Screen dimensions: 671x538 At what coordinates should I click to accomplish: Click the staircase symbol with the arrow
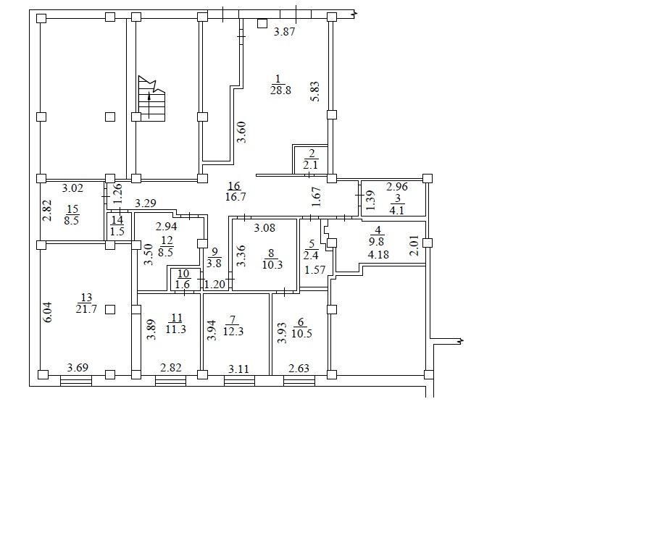151,99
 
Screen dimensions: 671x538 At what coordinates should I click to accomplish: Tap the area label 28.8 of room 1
280,91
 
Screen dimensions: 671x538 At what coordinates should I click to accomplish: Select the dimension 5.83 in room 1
315,91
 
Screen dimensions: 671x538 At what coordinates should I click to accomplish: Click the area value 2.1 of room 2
311,164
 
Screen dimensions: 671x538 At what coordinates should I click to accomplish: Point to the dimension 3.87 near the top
284,31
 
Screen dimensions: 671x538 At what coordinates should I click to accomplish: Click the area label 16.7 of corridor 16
236,197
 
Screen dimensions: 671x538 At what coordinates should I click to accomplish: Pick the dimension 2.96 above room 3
397,187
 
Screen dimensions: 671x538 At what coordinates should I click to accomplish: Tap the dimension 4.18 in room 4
378,254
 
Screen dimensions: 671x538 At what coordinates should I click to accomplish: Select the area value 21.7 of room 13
86,308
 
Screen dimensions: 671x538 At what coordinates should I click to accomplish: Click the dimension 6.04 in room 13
48,312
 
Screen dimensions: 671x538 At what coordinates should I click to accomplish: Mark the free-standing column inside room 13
110,309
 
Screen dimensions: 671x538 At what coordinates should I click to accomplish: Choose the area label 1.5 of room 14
117,232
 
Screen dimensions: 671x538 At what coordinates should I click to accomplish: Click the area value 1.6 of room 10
183,285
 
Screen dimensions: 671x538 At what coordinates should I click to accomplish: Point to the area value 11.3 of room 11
176,329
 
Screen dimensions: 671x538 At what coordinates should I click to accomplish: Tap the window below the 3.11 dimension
239,381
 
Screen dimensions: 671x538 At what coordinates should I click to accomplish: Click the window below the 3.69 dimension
76,381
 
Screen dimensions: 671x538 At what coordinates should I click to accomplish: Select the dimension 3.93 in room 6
282,333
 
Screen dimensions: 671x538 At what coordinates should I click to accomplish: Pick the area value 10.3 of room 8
272,264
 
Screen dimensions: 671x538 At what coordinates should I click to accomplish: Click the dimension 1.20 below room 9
214,284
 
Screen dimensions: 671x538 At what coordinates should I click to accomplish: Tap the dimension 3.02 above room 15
72,188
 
